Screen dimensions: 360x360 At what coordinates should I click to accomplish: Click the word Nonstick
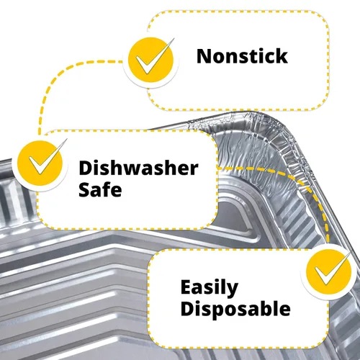[x=242, y=56]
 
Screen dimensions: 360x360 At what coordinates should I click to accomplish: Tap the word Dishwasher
[x=138, y=168]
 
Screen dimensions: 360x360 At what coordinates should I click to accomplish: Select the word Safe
[x=100, y=189]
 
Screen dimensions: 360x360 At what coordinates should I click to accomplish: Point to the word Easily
[x=210, y=288]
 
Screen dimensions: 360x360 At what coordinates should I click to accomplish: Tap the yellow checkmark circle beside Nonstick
[x=150, y=60]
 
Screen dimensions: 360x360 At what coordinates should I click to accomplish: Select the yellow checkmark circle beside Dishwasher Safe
[x=40, y=163]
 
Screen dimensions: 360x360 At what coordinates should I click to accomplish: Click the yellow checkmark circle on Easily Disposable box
[x=328, y=271]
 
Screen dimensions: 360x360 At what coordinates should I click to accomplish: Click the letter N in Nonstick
[x=204, y=57]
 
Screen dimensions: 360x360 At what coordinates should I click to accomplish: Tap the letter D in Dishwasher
[x=86, y=168]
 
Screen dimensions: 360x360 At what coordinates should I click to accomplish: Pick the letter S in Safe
[x=84, y=189]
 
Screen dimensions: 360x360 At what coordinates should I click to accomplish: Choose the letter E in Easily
[x=186, y=287]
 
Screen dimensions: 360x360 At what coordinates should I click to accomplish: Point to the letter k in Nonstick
[x=282, y=56]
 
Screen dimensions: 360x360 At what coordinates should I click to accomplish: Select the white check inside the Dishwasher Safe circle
[x=43, y=161]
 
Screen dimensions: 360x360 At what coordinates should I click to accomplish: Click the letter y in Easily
[x=232, y=290]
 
